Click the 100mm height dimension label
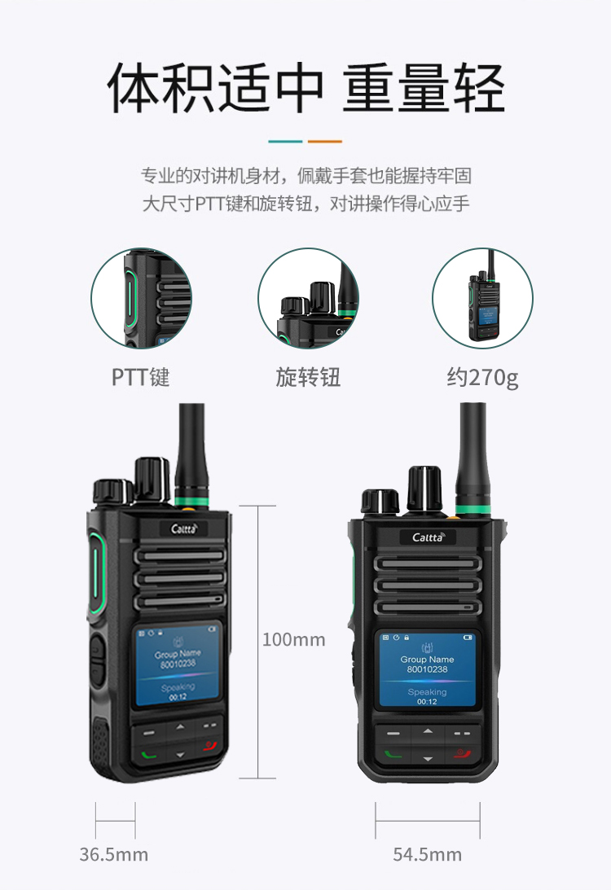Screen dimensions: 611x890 pos(293,640)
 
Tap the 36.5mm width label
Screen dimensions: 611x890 pos(113,854)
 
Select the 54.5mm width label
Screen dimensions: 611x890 pos(427,854)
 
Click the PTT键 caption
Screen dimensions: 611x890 pos(140,377)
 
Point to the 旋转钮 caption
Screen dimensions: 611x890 pos(308,377)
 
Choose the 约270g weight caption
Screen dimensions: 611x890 pos(482,378)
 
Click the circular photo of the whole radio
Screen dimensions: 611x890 pos(482,298)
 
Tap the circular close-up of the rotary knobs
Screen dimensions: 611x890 pos(308,298)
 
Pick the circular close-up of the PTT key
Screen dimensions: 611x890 pos(142,298)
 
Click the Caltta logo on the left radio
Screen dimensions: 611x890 pos(185,529)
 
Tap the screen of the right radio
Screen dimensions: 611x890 pos(427,669)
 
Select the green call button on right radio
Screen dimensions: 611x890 pos(393,755)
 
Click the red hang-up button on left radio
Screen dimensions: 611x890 pos(209,745)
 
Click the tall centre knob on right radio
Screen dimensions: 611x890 pos(424,488)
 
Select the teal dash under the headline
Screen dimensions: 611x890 pos(285,142)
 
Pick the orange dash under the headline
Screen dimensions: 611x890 pos(325,142)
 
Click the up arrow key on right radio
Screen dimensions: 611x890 pos(428,731)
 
